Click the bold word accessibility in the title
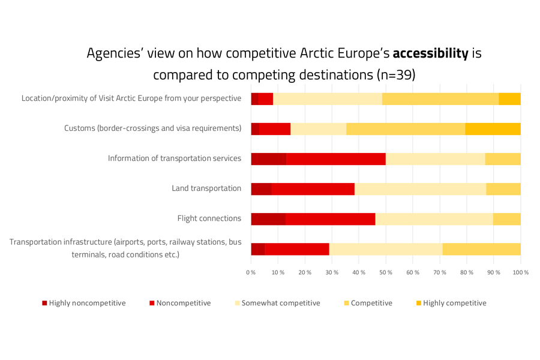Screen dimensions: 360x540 pyautogui.click(x=430, y=53)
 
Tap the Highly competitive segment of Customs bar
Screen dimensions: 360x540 pyautogui.click(x=493, y=129)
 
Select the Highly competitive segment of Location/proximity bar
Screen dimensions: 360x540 pyautogui.click(x=509, y=99)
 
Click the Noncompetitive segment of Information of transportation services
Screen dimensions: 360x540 pyautogui.click(x=335, y=159)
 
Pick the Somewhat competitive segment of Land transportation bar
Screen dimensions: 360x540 pyautogui.click(x=420, y=189)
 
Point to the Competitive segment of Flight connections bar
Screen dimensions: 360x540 pyautogui.click(x=506, y=219)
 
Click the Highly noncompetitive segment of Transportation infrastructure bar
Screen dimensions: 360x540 pyautogui.click(x=258, y=249)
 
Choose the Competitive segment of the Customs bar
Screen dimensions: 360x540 pyautogui.click(x=406, y=129)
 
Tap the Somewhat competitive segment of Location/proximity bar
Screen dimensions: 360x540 pyautogui.click(x=328, y=99)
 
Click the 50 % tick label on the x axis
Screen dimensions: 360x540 pyautogui.click(x=386, y=273)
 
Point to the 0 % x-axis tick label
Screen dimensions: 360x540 pyautogui.click(x=251, y=273)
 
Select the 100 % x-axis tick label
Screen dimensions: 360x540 pyautogui.click(x=520, y=273)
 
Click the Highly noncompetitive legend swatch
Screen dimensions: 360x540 pyautogui.click(x=44, y=303)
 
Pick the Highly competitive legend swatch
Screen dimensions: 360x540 pyautogui.click(x=418, y=303)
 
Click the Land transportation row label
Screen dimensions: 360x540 pyautogui.click(x=206, y=188)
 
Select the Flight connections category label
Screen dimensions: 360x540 pyautogui.click(x=209, y=218)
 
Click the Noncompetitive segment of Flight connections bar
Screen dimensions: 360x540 pyautogui.click(x=330, y=219)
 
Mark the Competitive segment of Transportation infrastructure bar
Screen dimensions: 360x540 pyautogui.click(x=481, y=249)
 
